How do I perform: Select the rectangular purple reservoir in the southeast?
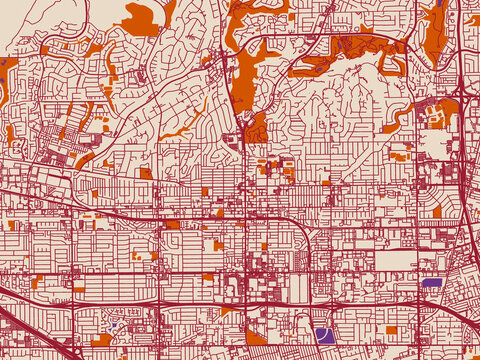[431, 283]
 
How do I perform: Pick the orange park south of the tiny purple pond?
[103, 341]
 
